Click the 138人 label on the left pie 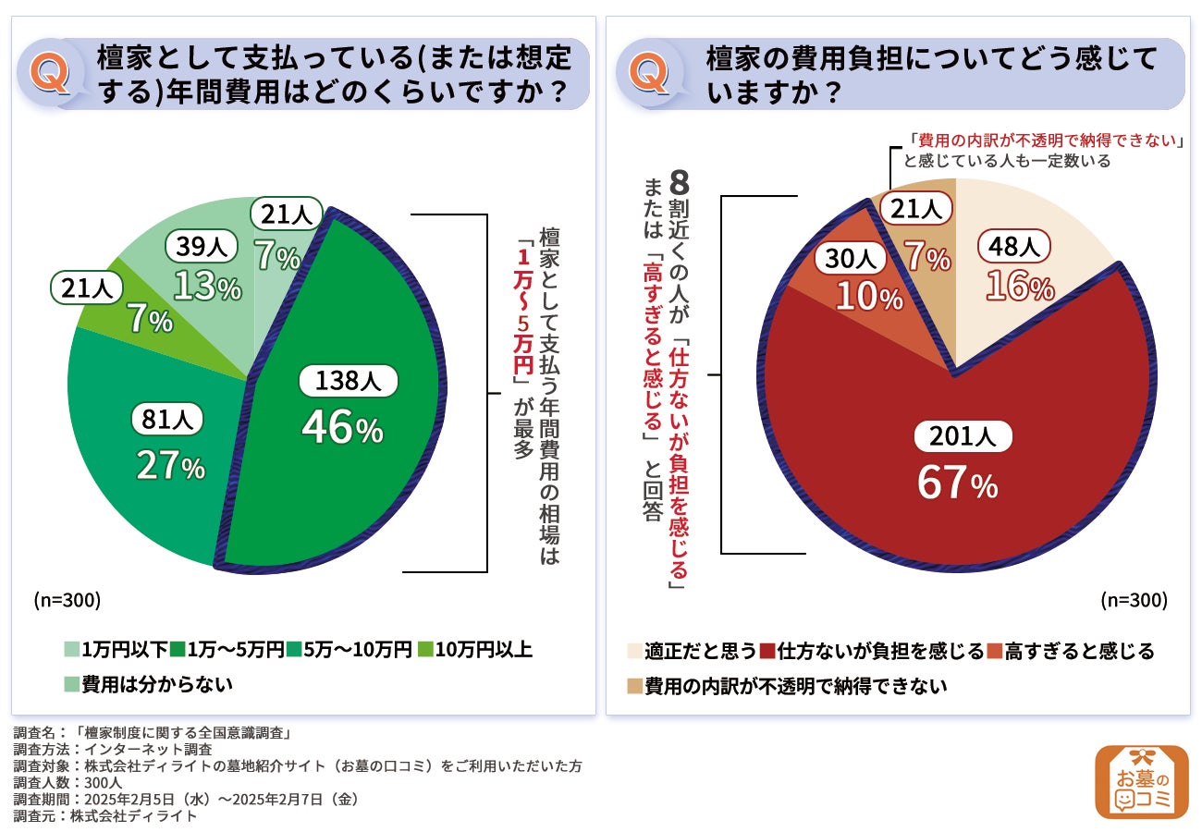pos(343,381)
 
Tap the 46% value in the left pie pos(342,429)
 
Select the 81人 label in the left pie pos(167,421)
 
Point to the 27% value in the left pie pos(170,466)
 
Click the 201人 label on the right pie pos(963,436)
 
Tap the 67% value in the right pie pos(957,483)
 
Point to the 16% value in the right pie pos(1020,287)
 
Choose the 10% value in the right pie pos(868,297)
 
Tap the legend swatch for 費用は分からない pos(71,685)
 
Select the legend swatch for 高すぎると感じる pos(994,651)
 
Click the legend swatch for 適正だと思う pos(634,651)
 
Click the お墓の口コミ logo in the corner pos(1142,781)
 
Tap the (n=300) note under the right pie pos(1134,600)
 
